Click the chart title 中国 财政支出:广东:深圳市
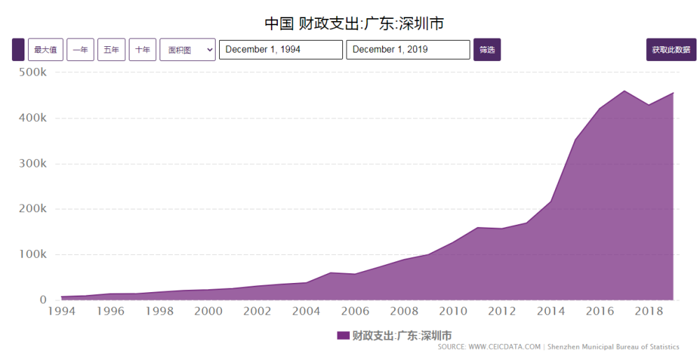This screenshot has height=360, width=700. click(x=354, y=23)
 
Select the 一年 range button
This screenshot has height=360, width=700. click(x=80, y=50)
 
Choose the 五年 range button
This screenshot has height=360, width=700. click(x=111, y=50)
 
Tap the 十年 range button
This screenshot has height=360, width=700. click(x=142, y=50)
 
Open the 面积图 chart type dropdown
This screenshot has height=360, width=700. click(x=188, y=50)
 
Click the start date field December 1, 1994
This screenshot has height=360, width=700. click(x=281, y=50)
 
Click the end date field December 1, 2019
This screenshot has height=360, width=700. click(x=408, y=50)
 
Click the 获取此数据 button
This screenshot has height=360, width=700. click(x=671, y=50)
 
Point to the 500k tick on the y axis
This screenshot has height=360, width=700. click(x=33, y=73)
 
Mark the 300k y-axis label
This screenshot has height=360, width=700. click(x=33, y=164)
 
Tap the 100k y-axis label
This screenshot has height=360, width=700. click(x=33, y=254)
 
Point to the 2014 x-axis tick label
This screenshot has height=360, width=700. click(x=550, y=311)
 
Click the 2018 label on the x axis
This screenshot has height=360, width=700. click(x=648, y=311)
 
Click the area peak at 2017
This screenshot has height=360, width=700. click(x=624, y=91)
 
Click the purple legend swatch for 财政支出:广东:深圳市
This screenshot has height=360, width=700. click(x=343, y=335)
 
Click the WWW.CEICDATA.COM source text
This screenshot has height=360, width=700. click(x=504, y=347)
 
